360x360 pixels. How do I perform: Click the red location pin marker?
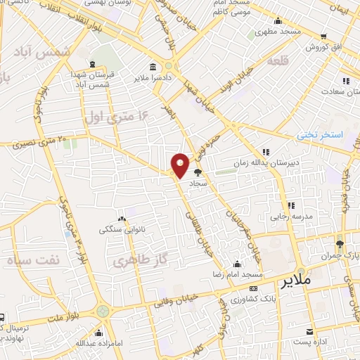(179, 165)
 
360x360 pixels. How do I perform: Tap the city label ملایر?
(296, 282)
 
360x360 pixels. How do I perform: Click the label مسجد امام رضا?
(239, 273)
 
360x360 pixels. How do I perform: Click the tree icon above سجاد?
(197, 172)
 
